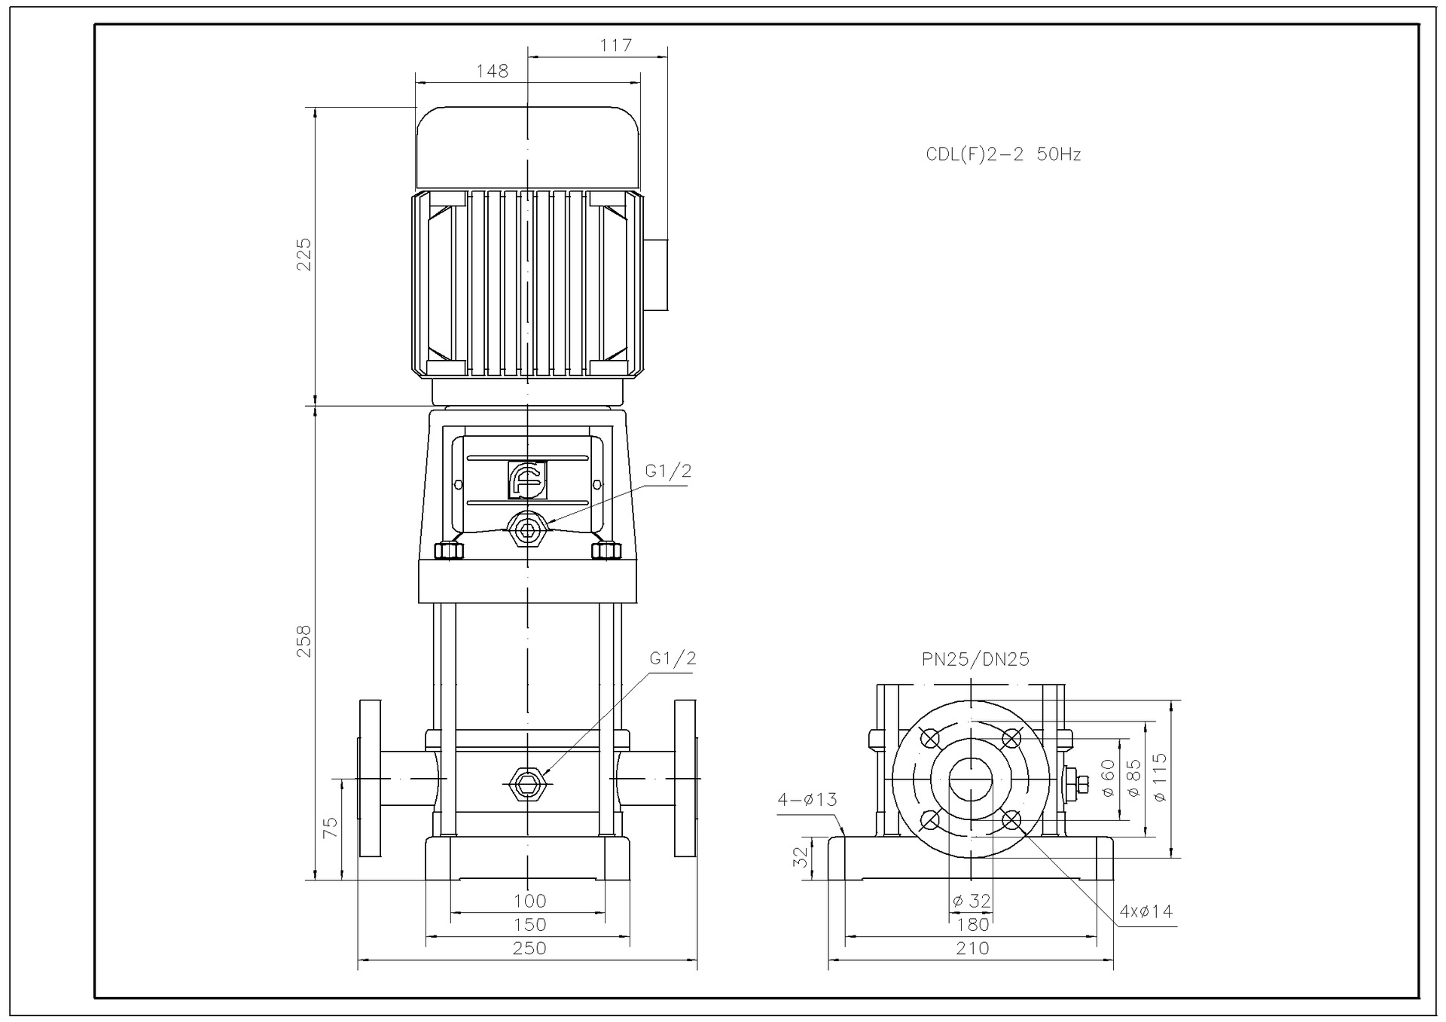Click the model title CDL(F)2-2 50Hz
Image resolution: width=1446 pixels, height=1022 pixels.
1003,154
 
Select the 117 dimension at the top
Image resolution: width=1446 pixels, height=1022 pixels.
616,45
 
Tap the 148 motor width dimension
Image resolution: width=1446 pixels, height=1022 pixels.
493,71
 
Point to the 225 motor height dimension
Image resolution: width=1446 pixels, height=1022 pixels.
303,255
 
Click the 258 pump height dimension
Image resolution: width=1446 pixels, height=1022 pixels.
303,641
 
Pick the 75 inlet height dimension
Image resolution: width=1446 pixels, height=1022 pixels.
330,828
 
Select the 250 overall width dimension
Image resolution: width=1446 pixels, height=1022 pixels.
529,948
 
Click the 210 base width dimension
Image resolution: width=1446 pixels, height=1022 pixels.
972,948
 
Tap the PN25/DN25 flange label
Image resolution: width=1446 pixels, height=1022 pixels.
975,660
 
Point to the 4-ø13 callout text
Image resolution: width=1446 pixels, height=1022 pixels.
807,799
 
